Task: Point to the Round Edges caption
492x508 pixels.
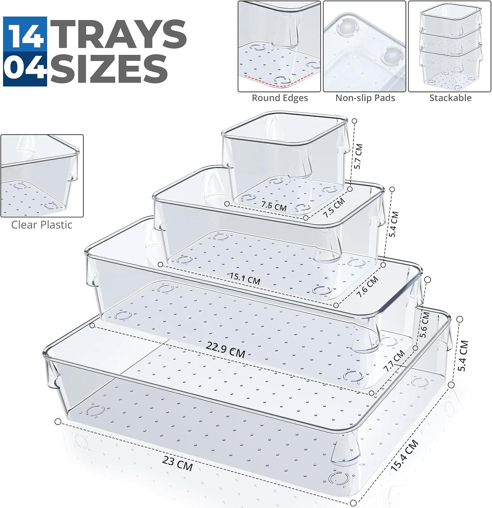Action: coord(280,98)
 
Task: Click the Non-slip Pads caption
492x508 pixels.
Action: coord(365,98)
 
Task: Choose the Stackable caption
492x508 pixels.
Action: coord(450,98)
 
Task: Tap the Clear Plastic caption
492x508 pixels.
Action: coord(42,225)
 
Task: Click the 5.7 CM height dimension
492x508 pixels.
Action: coord(358,156)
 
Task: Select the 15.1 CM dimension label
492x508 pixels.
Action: coord(245,278)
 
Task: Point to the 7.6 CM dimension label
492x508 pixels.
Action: coord(367,287)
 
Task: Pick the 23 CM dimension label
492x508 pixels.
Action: coord(178,463)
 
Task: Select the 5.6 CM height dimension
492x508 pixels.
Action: coord(424,325)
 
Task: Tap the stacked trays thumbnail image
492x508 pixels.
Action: coord(450,46)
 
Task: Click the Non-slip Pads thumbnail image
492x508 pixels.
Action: coord(364,46)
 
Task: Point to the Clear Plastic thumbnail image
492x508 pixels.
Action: coord(42,176)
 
